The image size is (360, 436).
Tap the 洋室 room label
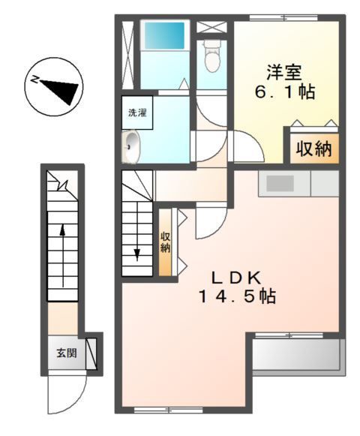[x=283, y=74]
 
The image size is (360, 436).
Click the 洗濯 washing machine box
[x=137, y=113]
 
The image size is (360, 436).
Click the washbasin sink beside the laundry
[x=133, y=146]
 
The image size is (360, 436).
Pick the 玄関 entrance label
[x=65, y=353]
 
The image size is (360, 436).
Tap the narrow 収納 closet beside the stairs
[x=166, y=242]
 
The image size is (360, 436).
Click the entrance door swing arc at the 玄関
[x=67, y=390]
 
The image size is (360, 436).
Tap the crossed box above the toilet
[x=213, y=26]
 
